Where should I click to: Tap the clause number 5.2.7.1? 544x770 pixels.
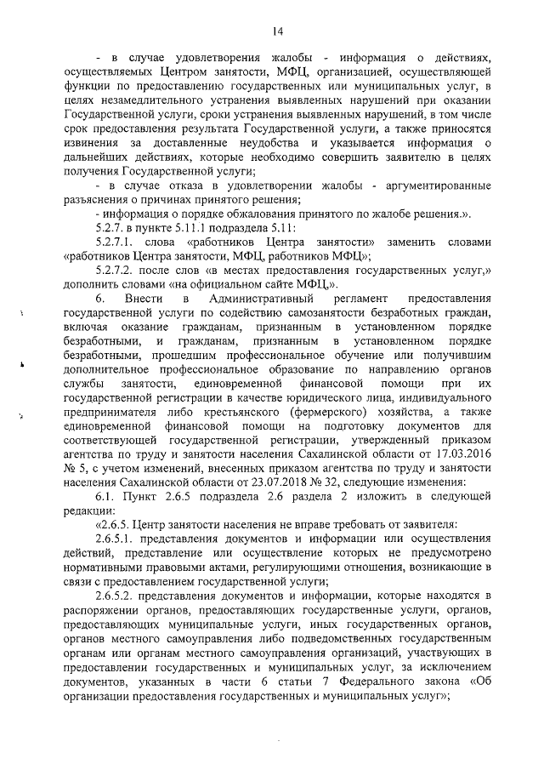(x=121, y=242)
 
